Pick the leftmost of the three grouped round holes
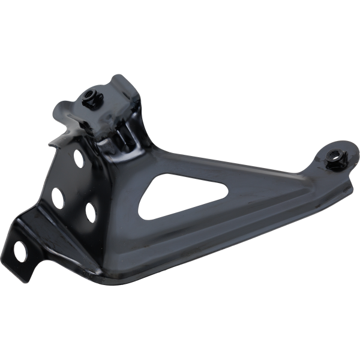tap(59, 196)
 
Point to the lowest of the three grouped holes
tap(91, 211)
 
